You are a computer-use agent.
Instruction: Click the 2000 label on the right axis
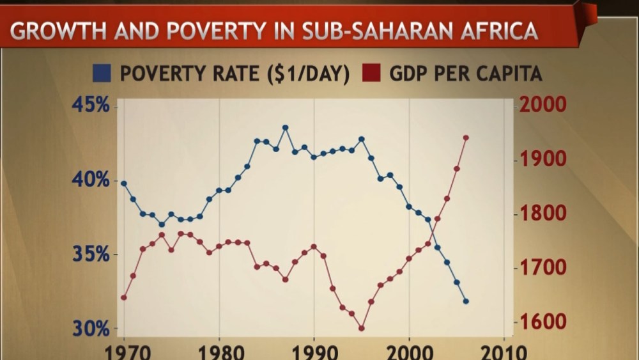pyautogui.click(x=543, y=105)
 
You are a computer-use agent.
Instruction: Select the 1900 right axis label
pyautogui.click(x=543, y=159)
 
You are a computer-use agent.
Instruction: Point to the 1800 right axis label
pyautogui.click(x=543, y=214)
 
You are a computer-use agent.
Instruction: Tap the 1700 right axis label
pyautogui.click(x=543, y=267)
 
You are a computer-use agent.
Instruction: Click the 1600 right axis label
pyautogui.click(x=543, y=322)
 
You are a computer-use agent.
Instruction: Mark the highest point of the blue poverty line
pyautogui.click(x=285, y=128)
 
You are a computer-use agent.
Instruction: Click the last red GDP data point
pyautogui.click(x=466, y=137)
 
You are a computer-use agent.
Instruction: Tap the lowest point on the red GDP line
pyautogui.click(x=361, y=329)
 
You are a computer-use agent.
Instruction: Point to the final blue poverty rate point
pyautogui.click(x=466, y=301)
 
